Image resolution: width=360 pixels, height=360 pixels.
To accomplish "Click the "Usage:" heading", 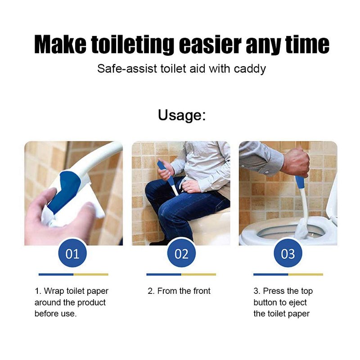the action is (182, 115).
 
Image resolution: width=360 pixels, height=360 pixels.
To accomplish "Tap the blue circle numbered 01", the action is (72, 253).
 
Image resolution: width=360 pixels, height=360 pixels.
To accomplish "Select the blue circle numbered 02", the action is (181, 253).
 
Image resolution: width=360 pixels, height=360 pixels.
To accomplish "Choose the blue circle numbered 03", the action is (288, 253).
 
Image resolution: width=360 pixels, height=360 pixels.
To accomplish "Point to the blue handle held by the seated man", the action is (166, 172).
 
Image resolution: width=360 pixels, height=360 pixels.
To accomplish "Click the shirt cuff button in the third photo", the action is (267, 172).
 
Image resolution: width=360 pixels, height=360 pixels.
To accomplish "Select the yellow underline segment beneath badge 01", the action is (91, 274).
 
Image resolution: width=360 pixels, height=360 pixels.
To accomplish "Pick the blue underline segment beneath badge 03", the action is (271, 274).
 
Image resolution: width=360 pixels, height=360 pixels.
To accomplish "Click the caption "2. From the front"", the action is (179, 291).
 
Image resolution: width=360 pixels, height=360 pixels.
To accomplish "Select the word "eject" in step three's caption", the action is (297, 303).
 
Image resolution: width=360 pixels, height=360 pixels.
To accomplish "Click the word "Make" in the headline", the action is (60, 44).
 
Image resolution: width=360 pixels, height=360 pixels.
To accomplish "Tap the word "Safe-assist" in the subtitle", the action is (127, 69).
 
